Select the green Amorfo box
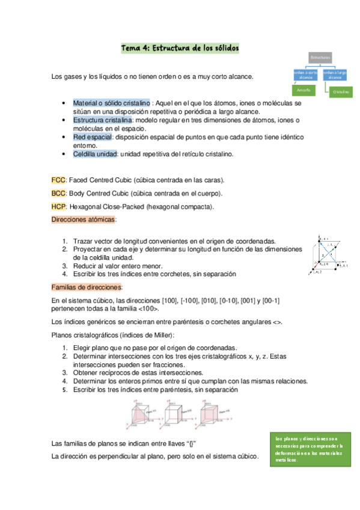304,90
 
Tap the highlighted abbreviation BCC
58,194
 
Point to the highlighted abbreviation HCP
58,207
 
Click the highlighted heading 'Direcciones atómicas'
84,220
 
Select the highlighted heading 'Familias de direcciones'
87,287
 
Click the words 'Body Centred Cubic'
103,194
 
